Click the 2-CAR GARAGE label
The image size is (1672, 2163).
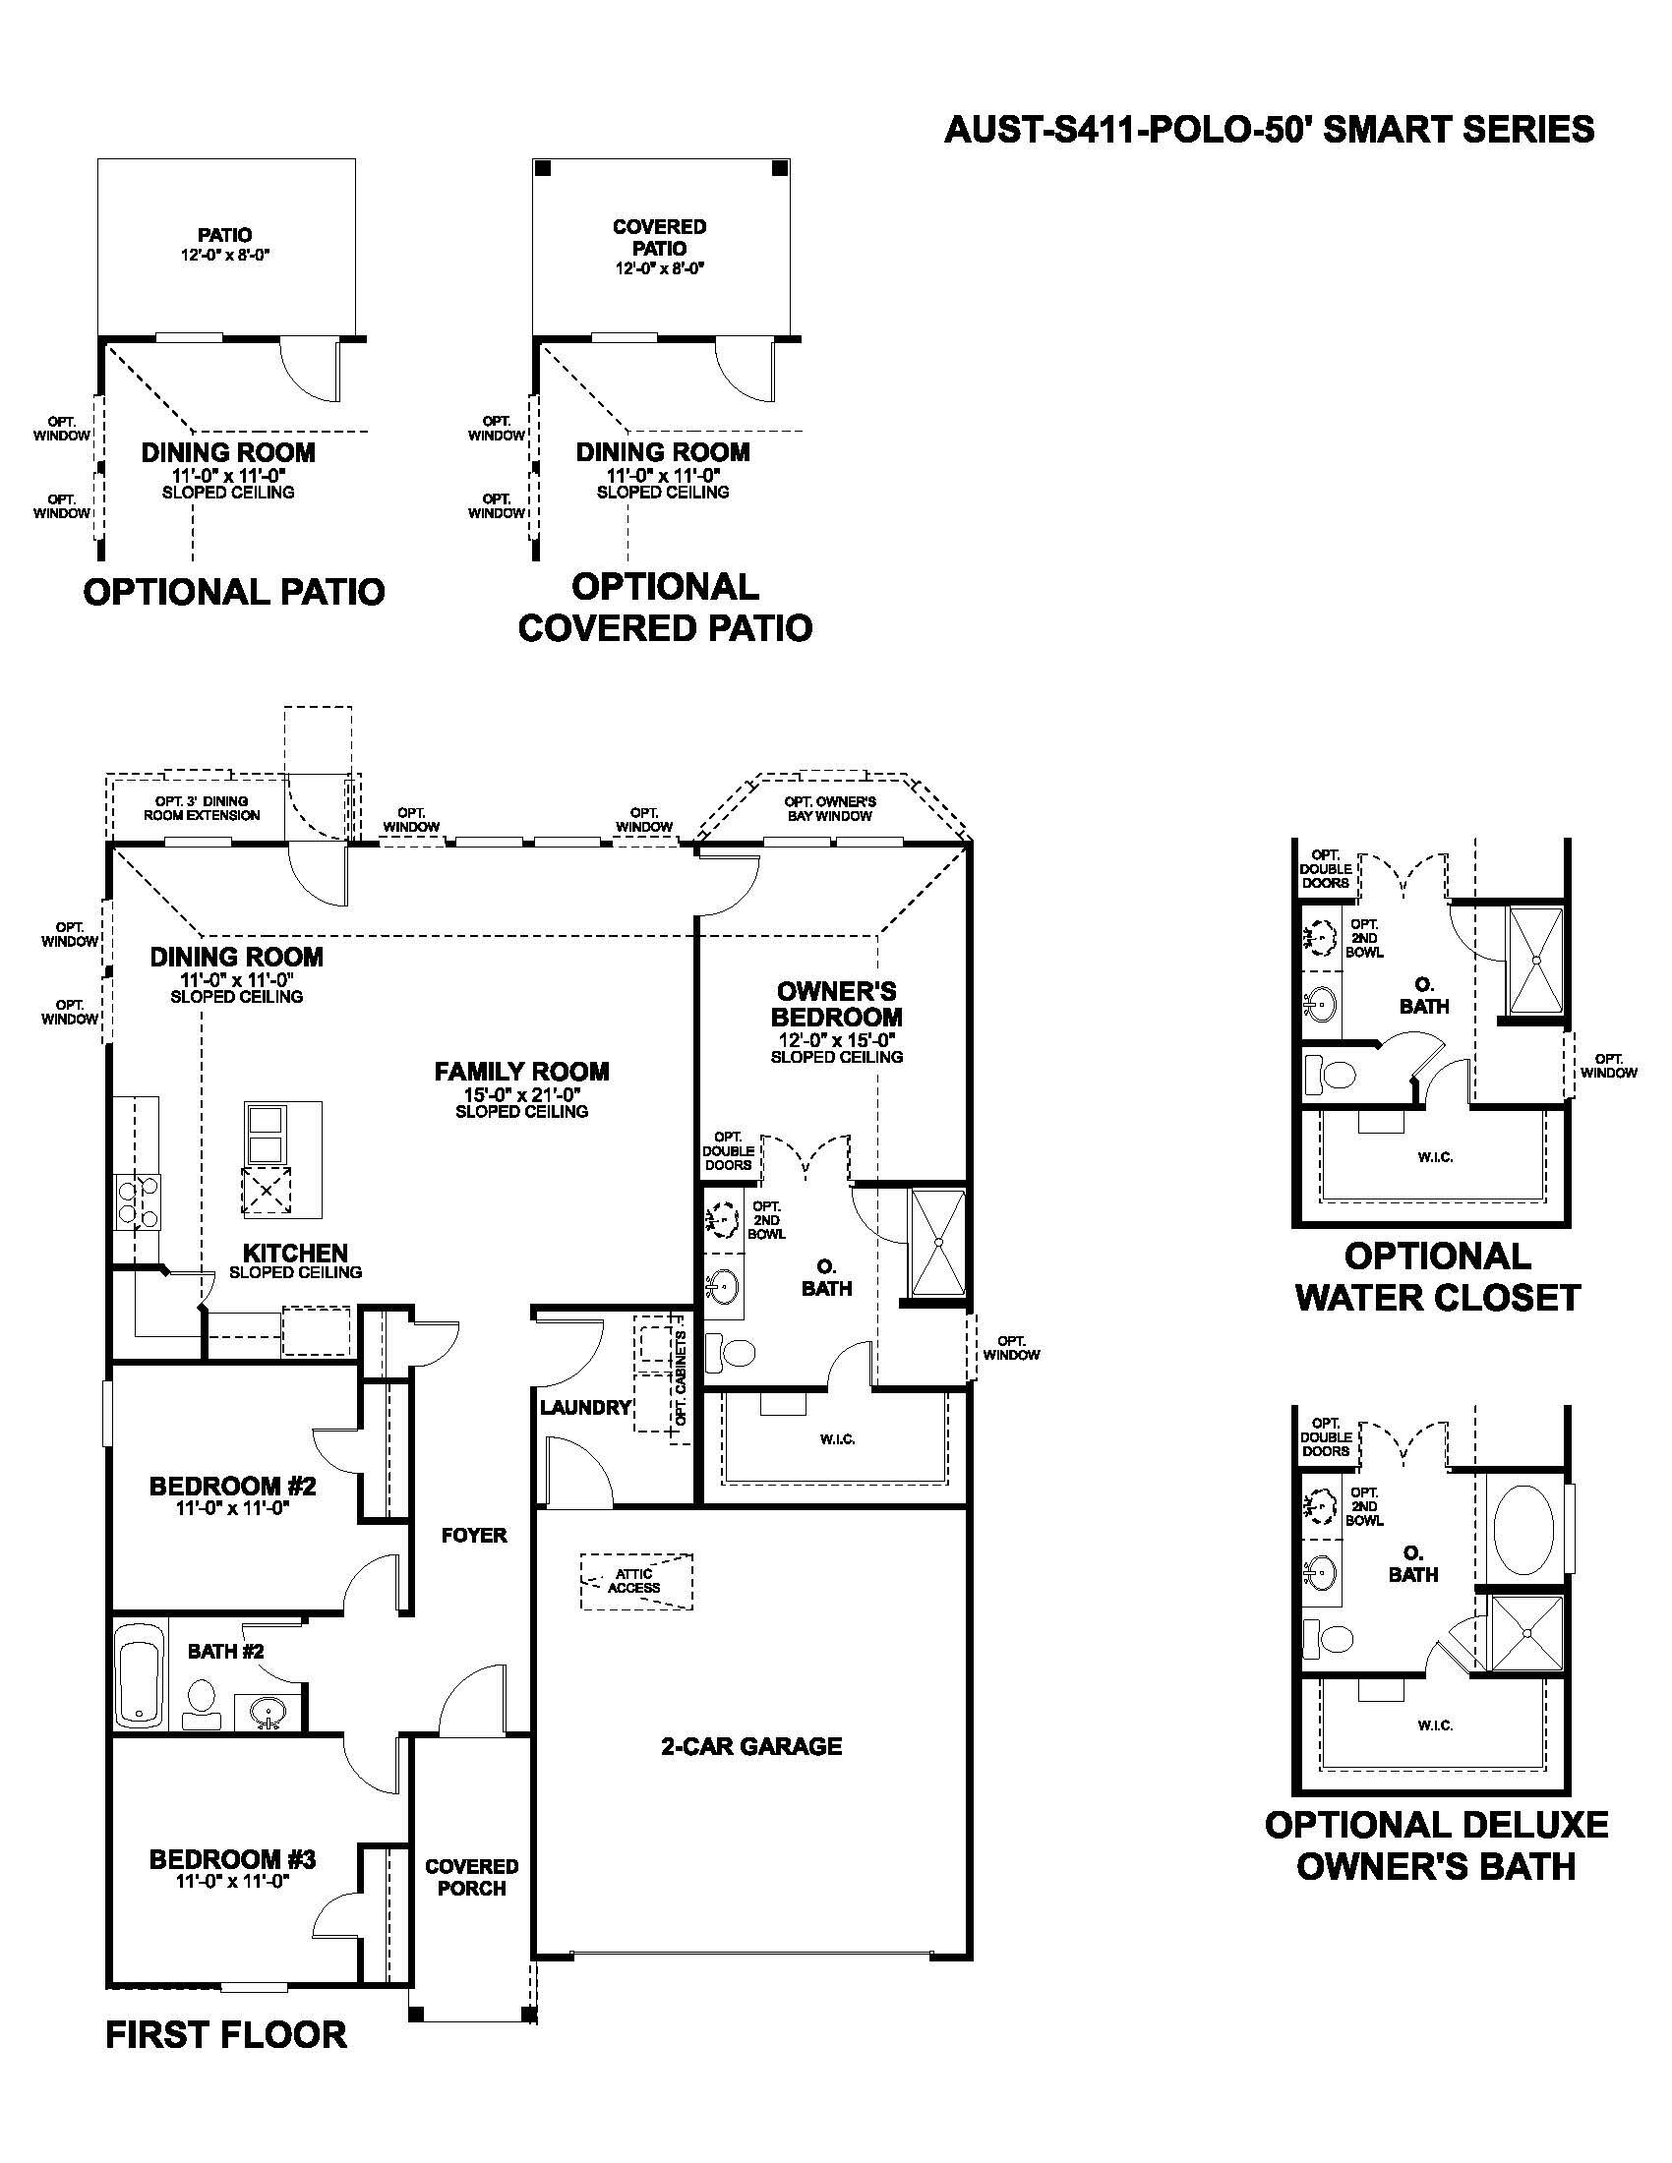point(750,1746)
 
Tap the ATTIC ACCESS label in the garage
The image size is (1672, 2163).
point(634,1581)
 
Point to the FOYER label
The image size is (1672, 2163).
point(474,1535)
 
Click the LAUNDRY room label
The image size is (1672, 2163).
point(585,1406)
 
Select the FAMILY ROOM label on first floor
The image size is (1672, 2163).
point(522,1071)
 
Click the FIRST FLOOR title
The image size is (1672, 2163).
point(226,2035)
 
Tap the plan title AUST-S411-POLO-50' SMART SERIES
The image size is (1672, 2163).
point(1270,130)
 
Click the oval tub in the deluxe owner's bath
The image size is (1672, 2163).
point(1524,1528)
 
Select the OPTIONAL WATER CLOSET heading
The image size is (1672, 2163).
point(1437,1276)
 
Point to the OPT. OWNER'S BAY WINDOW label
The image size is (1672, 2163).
point(830,808)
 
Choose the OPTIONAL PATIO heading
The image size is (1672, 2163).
point(234,592)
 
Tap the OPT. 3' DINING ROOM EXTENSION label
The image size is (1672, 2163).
point(202,808)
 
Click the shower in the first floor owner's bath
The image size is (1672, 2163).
point(937,1242)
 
